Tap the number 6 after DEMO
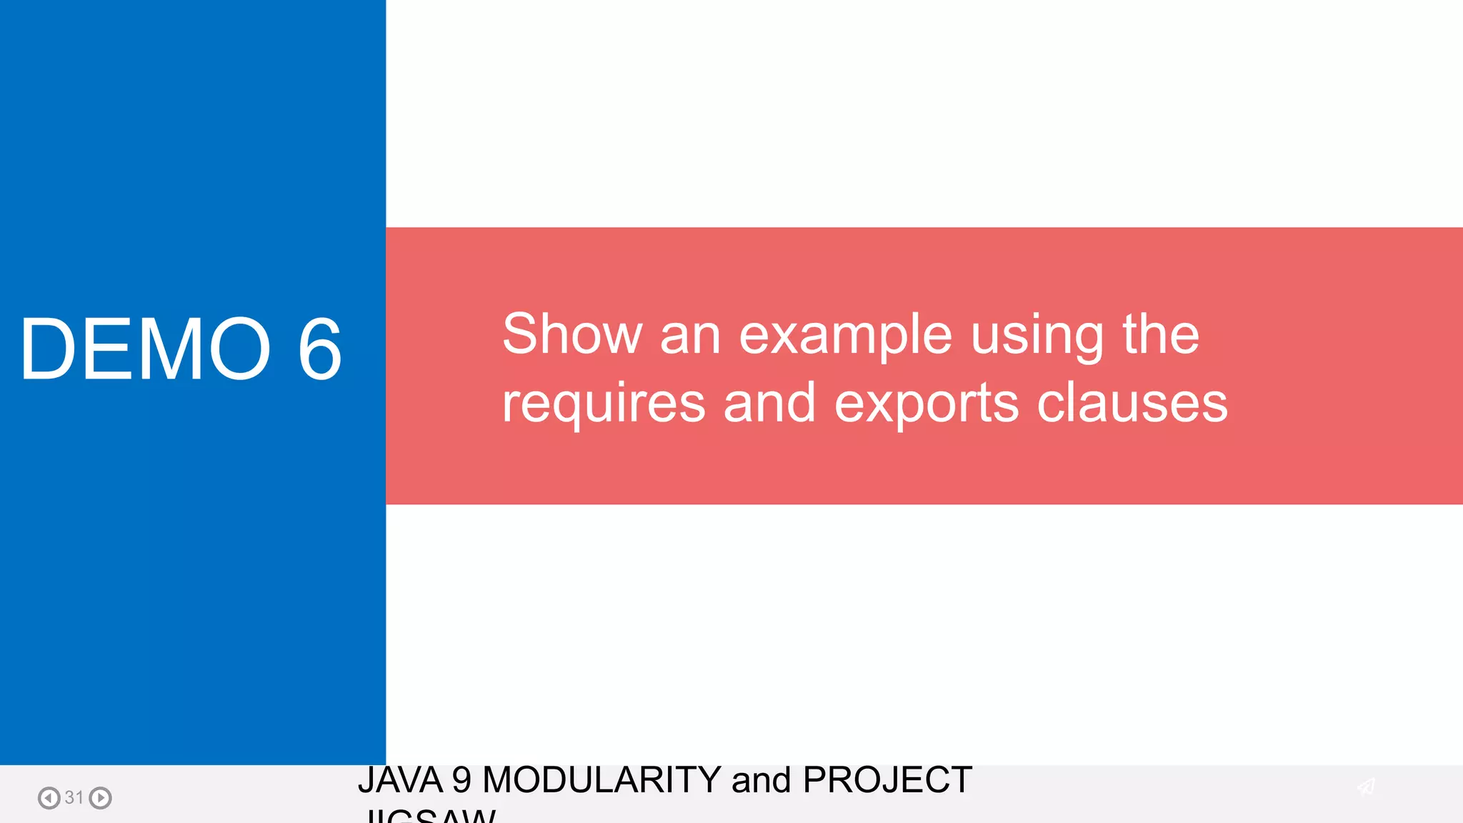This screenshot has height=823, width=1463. point(320,349)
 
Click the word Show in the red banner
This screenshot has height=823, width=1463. point(572,334)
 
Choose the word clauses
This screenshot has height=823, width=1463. point(1132,403)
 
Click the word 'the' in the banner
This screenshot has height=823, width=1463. point(1161,334)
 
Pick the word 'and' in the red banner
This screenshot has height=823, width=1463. point(769,403)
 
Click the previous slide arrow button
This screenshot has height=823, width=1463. point(49,797)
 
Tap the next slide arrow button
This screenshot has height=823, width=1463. point(101,797)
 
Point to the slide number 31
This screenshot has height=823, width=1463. point(74,797)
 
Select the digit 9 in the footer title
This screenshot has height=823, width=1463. point(461,779)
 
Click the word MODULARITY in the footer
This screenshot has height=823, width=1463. point(601,779)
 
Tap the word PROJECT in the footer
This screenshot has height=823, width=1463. point(887,779)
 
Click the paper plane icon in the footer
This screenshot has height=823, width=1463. point(1366,787)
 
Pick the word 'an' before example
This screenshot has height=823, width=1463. point(690,335)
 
